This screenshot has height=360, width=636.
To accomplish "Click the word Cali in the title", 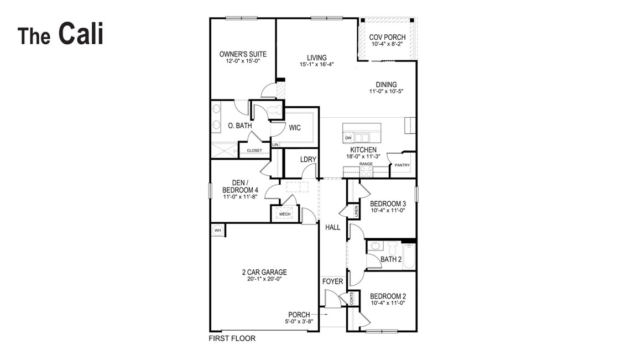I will (x=81, y=34).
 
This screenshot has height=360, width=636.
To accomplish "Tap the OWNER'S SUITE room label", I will (x=243, y=54).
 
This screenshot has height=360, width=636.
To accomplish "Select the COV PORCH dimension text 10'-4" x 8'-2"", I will (x=388, y=44).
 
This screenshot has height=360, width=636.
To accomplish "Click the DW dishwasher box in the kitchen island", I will (x=348, y=138).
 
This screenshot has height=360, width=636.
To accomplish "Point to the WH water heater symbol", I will (x=218, y=230).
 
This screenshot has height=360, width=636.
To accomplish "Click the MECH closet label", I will (x=285, y=214).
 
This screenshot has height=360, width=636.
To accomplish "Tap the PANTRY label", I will (x=402, y=165).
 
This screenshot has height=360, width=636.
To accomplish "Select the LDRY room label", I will (x=308, y=159).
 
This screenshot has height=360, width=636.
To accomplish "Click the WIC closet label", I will (x=295, y=128).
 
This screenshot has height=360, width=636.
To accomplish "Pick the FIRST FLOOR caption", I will (x=232, y=338).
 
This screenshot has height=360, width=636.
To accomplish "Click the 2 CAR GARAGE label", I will (x=264, y=272).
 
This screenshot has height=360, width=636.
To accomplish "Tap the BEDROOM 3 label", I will (x=388, y=204).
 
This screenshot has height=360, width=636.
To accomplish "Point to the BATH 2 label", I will (x=391, y=259).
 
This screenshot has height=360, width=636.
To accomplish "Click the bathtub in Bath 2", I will (x=409, y=257).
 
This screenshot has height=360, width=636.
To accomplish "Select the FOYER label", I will (x=333, y=281).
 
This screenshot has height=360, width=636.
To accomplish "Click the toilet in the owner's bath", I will (x=275, y=111).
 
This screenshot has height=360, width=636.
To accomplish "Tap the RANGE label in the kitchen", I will (x=366, y=164).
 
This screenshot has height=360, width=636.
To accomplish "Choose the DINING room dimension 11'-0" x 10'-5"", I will (x=387, y=91).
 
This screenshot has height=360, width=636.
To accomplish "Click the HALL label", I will (x=333, y=227).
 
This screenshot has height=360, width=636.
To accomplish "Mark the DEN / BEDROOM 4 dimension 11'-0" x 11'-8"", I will (x=241, y=196).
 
